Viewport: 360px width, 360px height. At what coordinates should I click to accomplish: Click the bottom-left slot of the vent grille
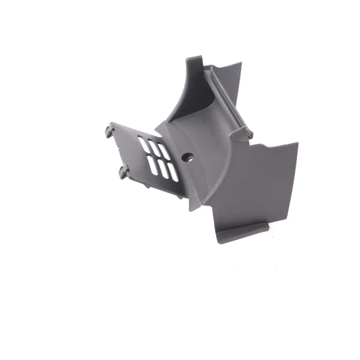[x=153, y=165]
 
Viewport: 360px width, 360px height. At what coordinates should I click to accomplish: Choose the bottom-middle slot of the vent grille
[x=163, y=169]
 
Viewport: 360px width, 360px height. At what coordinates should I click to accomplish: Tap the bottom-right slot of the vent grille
[x=173, y=173]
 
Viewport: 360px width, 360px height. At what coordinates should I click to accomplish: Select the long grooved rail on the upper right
[x=230, y=100]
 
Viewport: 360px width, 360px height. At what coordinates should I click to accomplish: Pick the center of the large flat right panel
[x=253, y=187]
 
